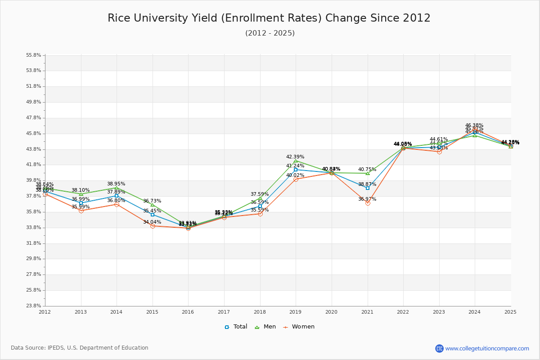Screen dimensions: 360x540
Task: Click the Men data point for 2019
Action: (x=296, y=161)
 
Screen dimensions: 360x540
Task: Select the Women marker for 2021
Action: (x=368, y=203)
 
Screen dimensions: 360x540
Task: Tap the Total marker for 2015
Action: (x=153, y=215)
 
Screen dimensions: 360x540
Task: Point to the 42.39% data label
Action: (x=295, y=157)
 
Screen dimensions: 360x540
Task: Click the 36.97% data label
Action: (x=367, y=199)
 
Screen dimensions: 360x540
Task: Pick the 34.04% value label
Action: (x=152, y=222)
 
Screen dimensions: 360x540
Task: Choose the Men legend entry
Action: (x=266, y=327)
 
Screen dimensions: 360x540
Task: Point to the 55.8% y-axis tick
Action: (x=34, y=55)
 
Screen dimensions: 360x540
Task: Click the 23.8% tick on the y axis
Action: (x=34, y=306)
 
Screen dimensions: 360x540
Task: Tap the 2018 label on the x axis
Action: (x=260, y=311)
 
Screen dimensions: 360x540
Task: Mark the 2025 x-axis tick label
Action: (x=510, y=311)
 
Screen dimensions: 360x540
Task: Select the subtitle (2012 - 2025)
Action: (x=270, y=33)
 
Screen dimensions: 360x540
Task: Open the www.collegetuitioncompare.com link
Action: (x=487, y=348)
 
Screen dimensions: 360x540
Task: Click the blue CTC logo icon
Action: (x=439, y=348)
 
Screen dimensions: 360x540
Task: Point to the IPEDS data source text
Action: (x=80, y=348)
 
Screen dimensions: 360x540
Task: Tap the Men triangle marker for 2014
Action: (x=117, y=188)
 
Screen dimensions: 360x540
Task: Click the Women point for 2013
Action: (x=81, y=211)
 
